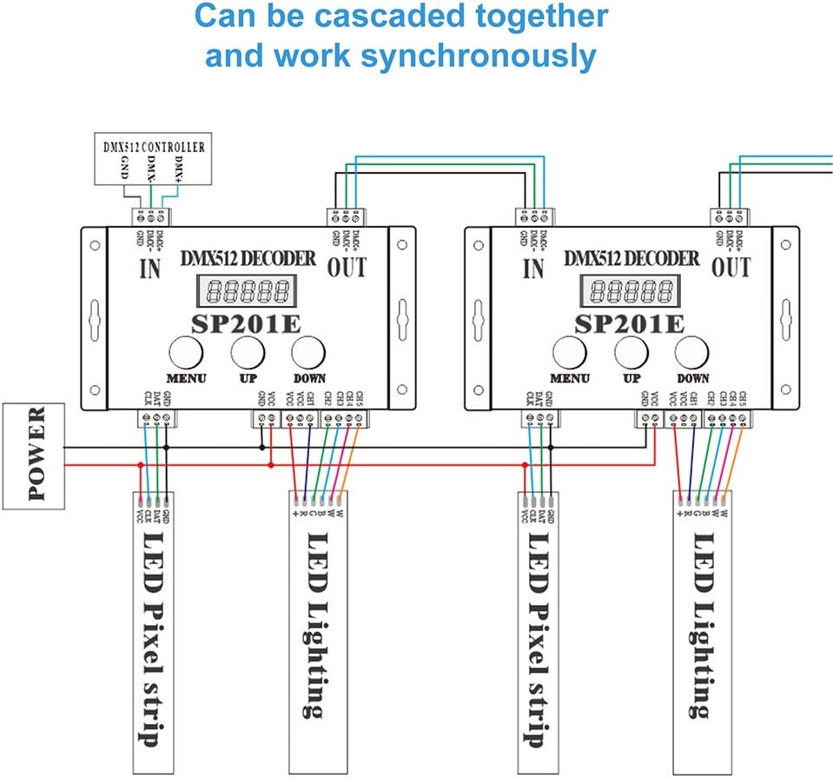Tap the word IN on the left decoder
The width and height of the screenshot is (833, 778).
pyautogui.click(x=149, y=269)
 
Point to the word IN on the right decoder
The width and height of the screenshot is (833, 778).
pyautogui.click(x=533, y=269)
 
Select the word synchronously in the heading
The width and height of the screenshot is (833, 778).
pyautogui.click(x=479, y=56)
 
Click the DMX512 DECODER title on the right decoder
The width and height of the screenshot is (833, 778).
pyautogui.click(x=631, y=259)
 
